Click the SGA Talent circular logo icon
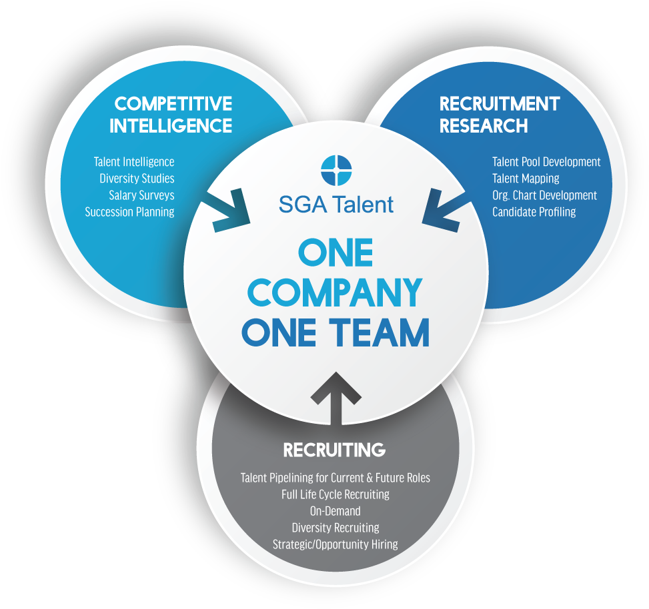[336, 171]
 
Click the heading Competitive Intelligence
[171, 115]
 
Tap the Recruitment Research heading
[500, 115]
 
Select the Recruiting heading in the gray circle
[334, 450]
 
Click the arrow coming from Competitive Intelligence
[226, 210]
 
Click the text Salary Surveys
[141, 195]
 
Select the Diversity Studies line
[137, 178]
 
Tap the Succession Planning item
[129, 212]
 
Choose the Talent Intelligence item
[134, 162]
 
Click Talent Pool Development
[546, 162]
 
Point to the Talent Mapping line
[526, 178]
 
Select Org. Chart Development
[545, 195]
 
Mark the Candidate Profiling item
[534, 212]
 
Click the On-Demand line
[336, 511]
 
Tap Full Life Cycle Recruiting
[336, 494]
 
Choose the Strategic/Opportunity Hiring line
[336, 544]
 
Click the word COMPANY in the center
[334, 293]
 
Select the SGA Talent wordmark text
[336, 205]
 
